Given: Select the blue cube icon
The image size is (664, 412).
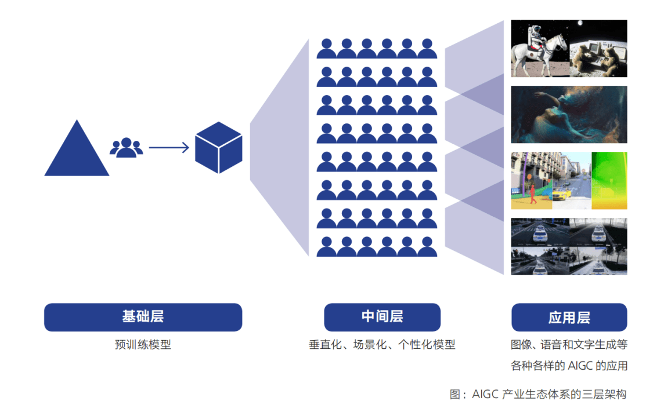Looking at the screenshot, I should (x=218, y=148).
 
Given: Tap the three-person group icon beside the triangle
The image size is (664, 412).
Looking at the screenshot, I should (x=126, y=148).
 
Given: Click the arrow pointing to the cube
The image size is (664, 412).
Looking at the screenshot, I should (x=169, y=148).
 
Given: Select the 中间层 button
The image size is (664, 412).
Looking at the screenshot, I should (x=382, y=317).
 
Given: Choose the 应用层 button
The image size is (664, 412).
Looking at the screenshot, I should (x=569, y=317).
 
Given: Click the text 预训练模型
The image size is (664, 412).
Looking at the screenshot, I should (x=143, y=345).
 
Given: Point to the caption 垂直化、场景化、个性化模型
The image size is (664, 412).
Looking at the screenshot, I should (x=382, y=345).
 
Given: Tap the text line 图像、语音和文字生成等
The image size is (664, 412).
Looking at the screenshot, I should (x=569, y=345).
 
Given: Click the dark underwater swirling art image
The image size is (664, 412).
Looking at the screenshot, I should (x=569, y=114).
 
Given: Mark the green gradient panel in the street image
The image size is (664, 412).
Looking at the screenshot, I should (x=609, y=180).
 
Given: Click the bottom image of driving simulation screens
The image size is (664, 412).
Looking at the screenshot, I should (x=569, y=246).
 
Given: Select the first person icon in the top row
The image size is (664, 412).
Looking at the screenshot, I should (x=326, y=49).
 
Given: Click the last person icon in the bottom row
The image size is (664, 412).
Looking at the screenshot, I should (x=427, y=247).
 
